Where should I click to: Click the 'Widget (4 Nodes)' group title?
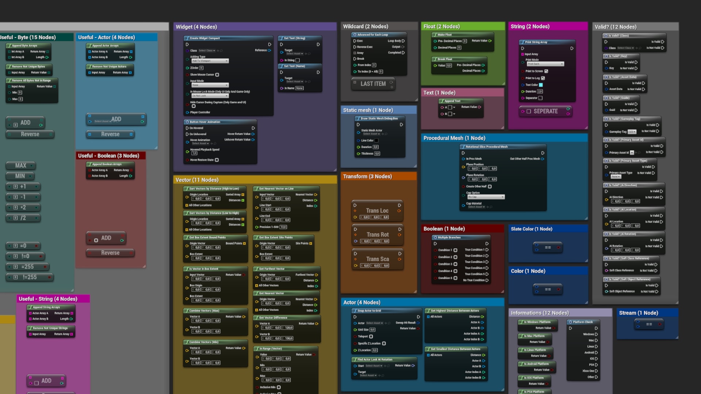click(x=196, y=27)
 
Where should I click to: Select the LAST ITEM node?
click(x=373, y=84)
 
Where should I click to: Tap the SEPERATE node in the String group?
click(x=545, y=111)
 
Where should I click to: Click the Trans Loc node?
click(x=377, y=211)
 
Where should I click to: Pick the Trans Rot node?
click(x=378, y=235)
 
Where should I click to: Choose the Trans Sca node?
click(x=378, y=259)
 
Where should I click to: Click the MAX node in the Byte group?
click(x=20, y=166)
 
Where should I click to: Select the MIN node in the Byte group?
click(x=20, y=176)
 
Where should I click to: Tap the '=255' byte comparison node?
click(x=27, y=267)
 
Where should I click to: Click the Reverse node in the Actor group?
click(x=110, y=135)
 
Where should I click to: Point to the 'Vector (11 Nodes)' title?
click(x=197, y=180)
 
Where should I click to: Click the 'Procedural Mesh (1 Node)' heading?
click(x=454, y=138)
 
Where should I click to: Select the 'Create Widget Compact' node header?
click(x=204, y=38)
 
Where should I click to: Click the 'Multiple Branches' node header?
click(x=449, y=237)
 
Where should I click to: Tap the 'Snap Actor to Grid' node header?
click(x=369, y=311)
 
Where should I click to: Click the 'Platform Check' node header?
click(x=582, y=322)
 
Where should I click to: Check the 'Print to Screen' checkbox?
click(x=546, y=71)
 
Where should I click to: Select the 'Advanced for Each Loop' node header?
click(x=372, y=35)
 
